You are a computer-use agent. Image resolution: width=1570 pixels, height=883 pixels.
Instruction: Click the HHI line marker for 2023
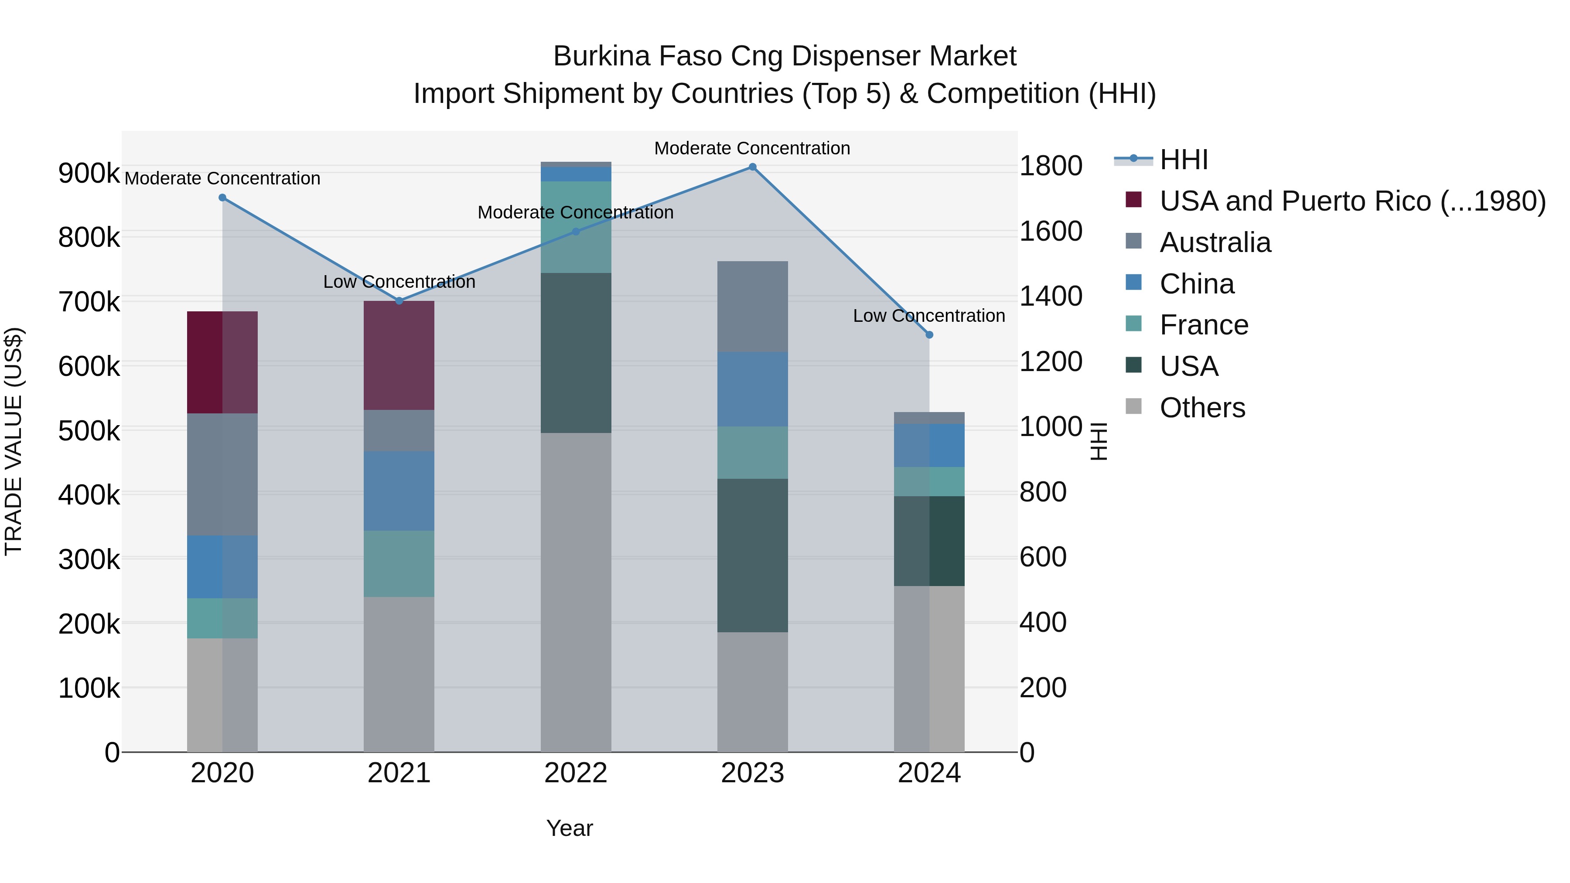752,167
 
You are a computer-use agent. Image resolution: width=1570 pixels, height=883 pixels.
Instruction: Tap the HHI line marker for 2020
222,198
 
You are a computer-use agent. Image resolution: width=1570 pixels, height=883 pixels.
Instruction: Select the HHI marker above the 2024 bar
929,334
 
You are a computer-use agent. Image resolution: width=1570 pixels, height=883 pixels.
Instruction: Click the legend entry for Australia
1215,242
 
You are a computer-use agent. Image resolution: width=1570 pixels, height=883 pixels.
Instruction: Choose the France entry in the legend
1204,325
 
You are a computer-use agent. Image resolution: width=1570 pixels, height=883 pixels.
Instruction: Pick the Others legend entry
1202,408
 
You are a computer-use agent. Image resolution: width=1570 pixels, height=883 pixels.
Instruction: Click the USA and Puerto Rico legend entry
1352,201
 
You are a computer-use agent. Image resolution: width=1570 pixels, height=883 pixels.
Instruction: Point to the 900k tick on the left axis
89,174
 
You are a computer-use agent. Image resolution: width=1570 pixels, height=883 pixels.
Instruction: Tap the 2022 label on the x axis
575,773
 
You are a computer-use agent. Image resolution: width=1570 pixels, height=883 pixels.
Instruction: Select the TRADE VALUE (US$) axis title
14,441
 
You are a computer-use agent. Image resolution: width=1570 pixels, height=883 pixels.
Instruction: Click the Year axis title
569,828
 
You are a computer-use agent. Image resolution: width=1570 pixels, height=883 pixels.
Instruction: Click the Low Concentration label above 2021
399,282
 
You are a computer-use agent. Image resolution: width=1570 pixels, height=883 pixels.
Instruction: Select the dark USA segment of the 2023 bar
752,555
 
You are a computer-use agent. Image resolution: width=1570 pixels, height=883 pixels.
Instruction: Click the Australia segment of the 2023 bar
752,307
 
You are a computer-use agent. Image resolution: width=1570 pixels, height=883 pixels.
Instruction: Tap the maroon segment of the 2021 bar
399,355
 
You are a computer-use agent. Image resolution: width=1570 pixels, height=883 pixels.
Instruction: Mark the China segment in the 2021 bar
399,491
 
